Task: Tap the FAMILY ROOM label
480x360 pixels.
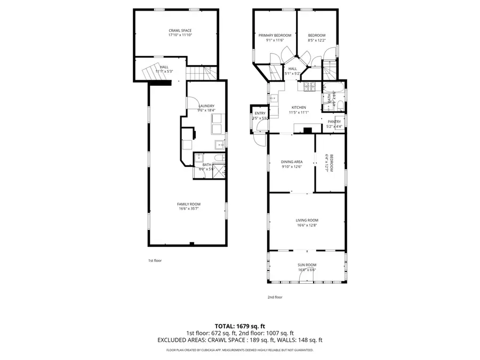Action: tap(189, 204)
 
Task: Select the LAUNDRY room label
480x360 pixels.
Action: tap(206, 106)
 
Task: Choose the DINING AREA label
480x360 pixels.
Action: tap(292, 162)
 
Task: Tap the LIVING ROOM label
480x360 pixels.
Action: tap(307, 220)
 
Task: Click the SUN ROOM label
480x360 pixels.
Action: tap(307, 265)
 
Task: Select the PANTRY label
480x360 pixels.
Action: tap(334, 122)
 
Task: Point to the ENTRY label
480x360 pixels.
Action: tap(260, 113)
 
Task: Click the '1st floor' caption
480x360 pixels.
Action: tap(155, 260)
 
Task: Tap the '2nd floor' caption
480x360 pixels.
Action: tap(275, 297)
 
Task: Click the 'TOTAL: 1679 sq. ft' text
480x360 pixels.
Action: tap(239, 325)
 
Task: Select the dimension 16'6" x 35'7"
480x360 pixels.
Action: tap(189, 209)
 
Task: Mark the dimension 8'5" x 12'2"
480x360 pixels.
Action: tap(316, 40)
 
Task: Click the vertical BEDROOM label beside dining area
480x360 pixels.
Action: tap(331, 163)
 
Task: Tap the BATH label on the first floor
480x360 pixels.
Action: tap(207, 165)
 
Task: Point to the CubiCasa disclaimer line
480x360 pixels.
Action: tap(239, 350)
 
